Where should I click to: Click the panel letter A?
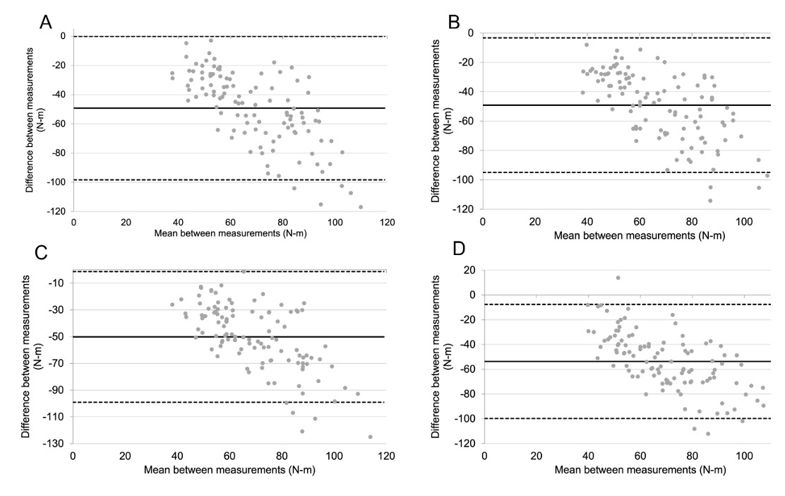tap(46, 21)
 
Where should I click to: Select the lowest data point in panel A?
tap(361, 207)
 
